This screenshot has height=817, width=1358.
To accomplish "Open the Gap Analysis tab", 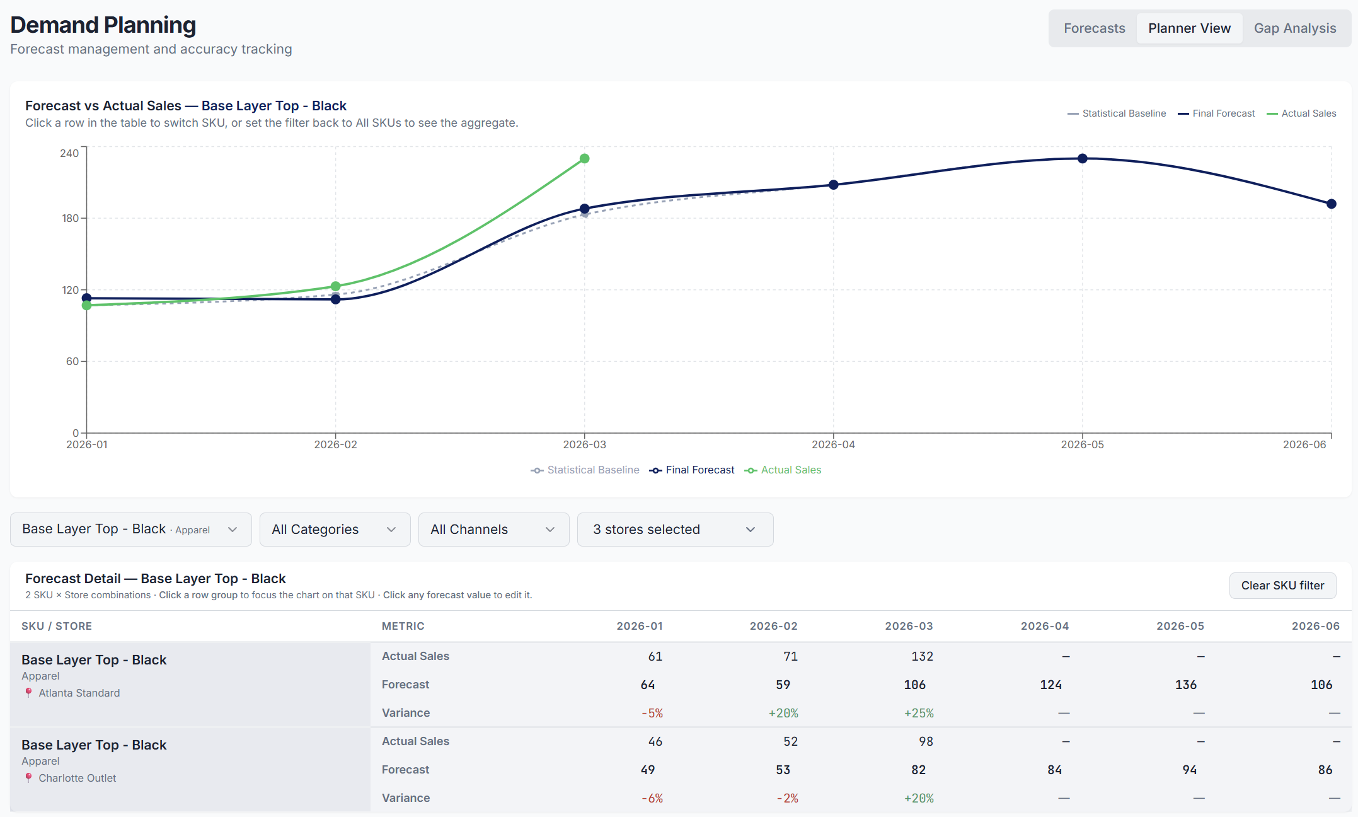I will (x=1294, y=28).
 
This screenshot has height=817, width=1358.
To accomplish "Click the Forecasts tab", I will (x=1094, y=28).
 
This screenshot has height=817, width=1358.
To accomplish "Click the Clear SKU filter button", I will (x=1282, y=586).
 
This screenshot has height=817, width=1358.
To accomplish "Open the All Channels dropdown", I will (x=493, y=530).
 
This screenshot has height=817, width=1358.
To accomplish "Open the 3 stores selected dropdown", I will (x=674, y=530).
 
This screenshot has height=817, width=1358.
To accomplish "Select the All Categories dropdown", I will (x=335, y=530).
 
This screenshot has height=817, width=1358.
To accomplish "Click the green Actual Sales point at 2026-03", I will (x=585, y=159).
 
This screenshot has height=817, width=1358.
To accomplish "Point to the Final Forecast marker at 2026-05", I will (x=1082, y=159).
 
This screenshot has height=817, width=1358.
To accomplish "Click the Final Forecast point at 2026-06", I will (x=1331, y=204).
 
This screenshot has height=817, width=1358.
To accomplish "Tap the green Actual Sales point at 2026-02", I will (x=336, y=286).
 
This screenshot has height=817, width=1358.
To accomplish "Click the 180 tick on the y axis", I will (x=71, y=219).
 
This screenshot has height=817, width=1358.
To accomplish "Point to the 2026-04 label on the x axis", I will (x=833, y=445).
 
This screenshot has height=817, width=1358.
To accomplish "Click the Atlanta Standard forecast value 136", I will (x=1185, y=685).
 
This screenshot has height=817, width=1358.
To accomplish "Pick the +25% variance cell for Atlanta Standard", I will (x=919, y=713).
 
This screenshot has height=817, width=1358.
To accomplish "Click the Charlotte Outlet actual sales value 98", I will (x=925, y=741).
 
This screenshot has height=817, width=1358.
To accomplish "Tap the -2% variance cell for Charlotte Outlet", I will (x=787, y=798).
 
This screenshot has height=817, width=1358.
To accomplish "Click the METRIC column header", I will (x=403, y=626).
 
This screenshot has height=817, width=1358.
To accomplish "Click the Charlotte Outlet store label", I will (x=77, y=778).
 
